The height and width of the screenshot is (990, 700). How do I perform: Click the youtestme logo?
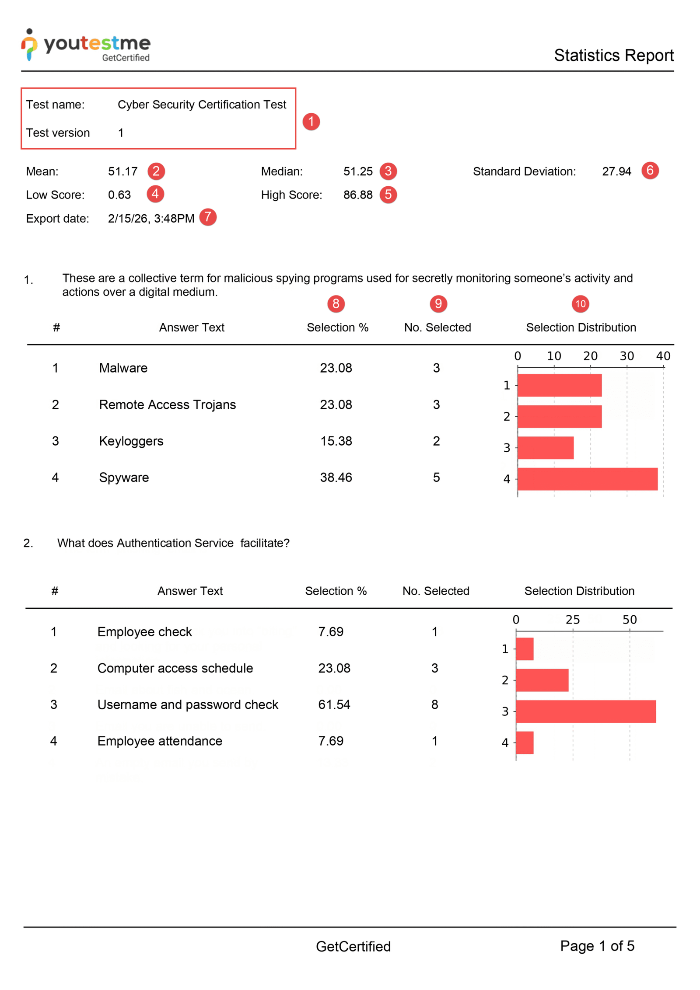point(86,45)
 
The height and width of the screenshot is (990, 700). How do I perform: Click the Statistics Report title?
point(613,56)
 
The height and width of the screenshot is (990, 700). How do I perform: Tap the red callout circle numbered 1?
point(311,121)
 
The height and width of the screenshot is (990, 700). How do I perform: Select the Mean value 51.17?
point(122,171)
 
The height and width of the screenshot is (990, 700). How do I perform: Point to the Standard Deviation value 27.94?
point(616,171)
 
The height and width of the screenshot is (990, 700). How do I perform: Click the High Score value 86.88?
point(358,195)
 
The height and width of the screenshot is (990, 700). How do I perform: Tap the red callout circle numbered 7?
point(208,217)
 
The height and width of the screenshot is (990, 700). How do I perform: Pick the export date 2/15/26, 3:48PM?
point(151,218)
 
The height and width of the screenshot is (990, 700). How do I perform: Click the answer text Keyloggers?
point(131,441)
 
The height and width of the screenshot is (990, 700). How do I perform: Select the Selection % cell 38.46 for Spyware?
point(336,477)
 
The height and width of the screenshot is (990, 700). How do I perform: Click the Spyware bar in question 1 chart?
point(587,479)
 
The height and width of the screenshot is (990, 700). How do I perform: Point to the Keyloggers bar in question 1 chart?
point(545,447)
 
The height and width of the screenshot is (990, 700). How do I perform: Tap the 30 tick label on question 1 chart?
point(626,356)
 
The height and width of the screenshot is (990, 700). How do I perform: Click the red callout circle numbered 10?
point(580,303)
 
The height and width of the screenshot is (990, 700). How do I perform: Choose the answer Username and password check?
point(188,704)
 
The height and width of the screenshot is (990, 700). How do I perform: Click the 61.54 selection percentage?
point(334,704)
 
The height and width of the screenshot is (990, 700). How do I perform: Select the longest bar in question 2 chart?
point(585,711)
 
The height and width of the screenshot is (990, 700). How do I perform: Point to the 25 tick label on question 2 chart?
point(572,620)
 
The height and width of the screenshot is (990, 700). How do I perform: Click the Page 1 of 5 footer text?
point(597,946)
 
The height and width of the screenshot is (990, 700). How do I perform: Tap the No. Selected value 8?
point(434,704)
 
